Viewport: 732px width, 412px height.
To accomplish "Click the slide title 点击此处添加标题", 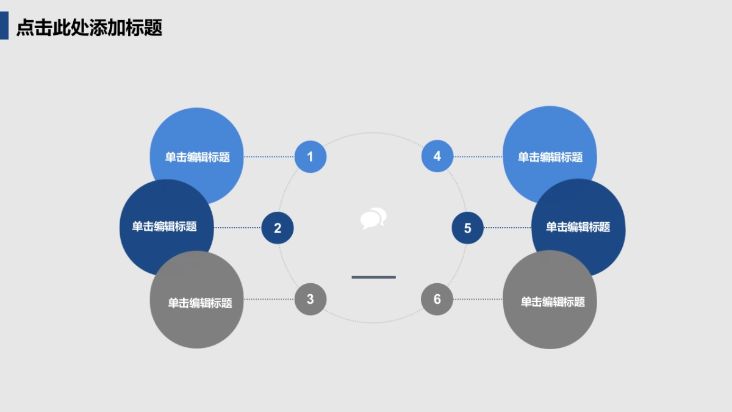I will coord(89,28).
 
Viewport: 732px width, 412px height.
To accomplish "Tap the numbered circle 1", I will coord(310,157).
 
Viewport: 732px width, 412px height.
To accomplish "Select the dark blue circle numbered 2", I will coord(278,228).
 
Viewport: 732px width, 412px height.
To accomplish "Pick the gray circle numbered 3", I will coord(310,299).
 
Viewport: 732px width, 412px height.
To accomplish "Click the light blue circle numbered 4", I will coord(437,156).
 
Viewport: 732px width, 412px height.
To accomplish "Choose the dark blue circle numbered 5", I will coord(468,228).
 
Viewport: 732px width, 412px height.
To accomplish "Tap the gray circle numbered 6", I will coord(437,299).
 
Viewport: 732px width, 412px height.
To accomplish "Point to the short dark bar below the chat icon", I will coord(373,277).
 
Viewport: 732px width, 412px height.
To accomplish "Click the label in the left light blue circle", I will coord(198,157).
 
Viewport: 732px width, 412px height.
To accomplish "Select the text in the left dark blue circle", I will coord(165,227).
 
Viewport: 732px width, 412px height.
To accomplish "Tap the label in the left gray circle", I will coord(200,303).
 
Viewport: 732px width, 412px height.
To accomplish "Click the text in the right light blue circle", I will coord(550,157).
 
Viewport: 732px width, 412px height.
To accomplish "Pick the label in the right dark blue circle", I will coord(578,227).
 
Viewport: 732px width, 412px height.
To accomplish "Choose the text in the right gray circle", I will coord(553,302).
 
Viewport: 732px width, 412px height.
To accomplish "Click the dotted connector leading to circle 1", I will coord(268,157).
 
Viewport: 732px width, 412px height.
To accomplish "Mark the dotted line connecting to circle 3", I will coord(268,299).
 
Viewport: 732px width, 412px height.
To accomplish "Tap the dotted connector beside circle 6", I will coord(478,299).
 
